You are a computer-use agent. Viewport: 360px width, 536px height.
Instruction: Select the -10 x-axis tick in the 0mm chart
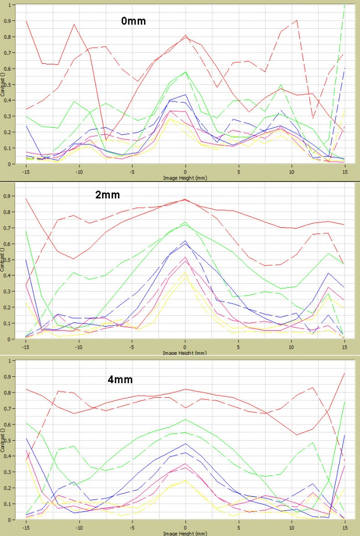pyautogui.click(x=78, y=171)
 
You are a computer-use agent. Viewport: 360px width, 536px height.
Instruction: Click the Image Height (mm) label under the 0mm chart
pyautogui.click(x=185, y=176)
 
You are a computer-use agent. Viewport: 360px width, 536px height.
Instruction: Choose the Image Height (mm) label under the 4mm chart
pyautogui.click(x=185, y=532)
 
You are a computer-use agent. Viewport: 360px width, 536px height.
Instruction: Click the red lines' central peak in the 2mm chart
pyautogui.click(x=185, y=199)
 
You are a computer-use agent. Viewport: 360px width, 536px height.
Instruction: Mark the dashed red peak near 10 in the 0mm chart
pyautogui.click(x=297, y=20)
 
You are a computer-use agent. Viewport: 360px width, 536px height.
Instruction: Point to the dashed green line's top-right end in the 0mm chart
pyautogui.click(x=344, y=5)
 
